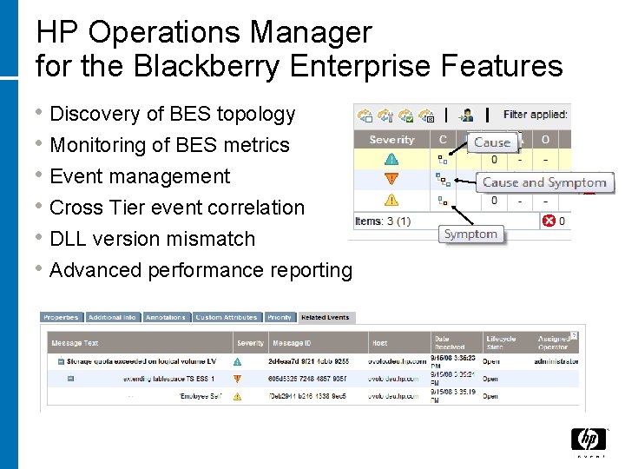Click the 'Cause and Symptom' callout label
pyautogui.click(x=544, y=182)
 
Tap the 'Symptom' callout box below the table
pyautogui.click(x=470, y=234)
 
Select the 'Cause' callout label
pyautogui.click(x=492, y=142)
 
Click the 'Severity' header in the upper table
pyautogui.click(x=391, y=140)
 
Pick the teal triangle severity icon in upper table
pyautogui.click(x=391, y=160)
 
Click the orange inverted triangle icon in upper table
pyautogui.click(x=391, y=180)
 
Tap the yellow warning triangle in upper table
pyautogui.click(x=391, y=201)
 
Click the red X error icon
pyautogui.click(x=549, y=221)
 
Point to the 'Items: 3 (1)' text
pyautogui.click(x=384, y=221)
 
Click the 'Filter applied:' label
pyautogui.click(x=535, y=114)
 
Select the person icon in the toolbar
pyautogui.click(x=466, y=115)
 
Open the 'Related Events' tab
pyautogui.click(x=324, y=318)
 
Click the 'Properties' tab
pyautogui.click(x=62, y=318)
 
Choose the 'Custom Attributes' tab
pyautogui.click(x=226, y=318)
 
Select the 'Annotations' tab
pyautogui.click(x=166, y=318)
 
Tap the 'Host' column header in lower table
pyautogui.click(x=380, y=343)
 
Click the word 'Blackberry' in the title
pyautogui.click(x=190, y=65)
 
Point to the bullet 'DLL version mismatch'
pyautogui.click(x=153, y=239)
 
